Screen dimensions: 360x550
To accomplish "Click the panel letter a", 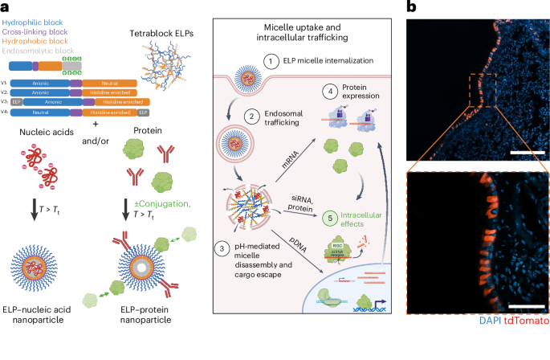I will [x=6, y=7].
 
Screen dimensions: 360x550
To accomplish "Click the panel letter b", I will [x=413, y=7].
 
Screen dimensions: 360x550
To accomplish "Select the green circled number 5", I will [x=324, y=215].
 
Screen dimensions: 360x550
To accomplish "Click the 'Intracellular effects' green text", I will [x=361, y=215].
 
